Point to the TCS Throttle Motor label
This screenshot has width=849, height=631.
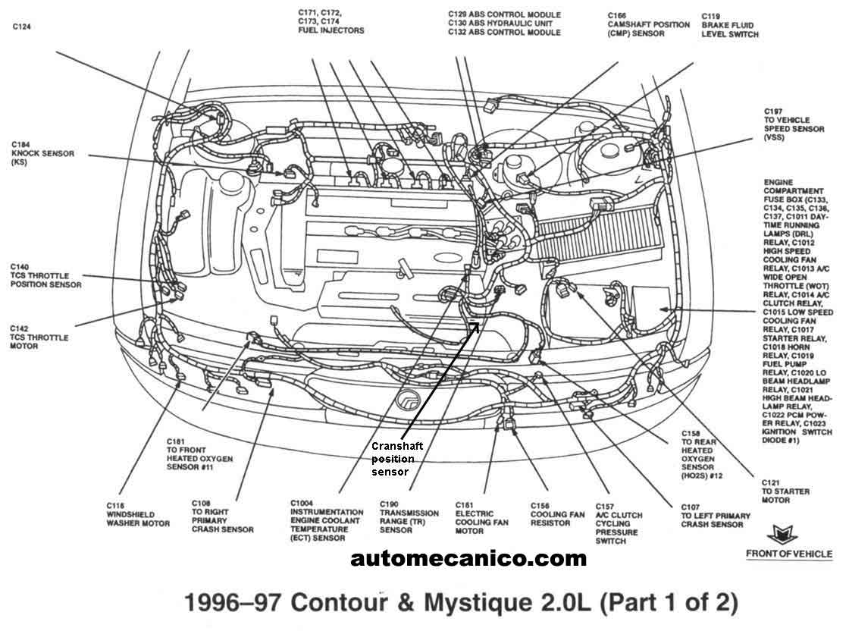click(x=39, y=337)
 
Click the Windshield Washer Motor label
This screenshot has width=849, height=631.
click(x=137, y=514)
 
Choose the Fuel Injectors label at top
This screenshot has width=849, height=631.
click(x=331, y=22)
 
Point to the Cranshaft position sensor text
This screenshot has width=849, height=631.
click(x=396, y=459)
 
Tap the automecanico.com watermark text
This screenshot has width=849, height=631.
click(x=468, y=559)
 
